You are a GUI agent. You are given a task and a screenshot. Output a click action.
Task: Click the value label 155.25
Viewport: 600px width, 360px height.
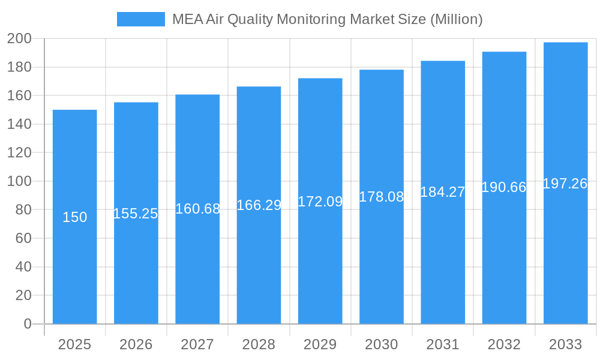pyautogui.click(x=136, y=214)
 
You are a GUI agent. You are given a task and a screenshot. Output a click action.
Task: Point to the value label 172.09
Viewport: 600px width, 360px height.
pyautogui.click(x=320, y=202)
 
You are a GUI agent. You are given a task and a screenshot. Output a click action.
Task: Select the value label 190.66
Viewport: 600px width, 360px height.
pyautogui.click(x=503, y=187)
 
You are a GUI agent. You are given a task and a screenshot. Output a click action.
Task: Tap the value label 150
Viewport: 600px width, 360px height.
pyautogui.click(x=75, y=217)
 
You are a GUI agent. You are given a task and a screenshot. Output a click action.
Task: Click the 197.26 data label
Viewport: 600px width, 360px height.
pyautogui.click(x=565, y=184)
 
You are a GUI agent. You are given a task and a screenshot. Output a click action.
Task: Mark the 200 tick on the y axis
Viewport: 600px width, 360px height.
pyautogui.click(x=19, y=39)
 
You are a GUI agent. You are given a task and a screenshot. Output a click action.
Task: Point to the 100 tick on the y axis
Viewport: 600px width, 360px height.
pyautogui.click(x=19, y=181)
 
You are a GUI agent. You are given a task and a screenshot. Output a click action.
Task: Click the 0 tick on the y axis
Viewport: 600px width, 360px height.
pyautogui.click(x=27, y=324)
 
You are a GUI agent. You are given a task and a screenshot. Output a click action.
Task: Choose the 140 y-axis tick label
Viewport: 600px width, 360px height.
pyautogui.click(x=19, y=124)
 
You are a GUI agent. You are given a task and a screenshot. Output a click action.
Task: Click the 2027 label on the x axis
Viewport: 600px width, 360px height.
pyautogui.click(x=197, y=344)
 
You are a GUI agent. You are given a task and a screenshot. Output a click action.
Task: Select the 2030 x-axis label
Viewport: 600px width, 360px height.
pyautogui.click(x=381, y=344)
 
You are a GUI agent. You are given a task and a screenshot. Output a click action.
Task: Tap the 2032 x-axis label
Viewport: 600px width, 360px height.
pyautogui.click(x=504, y=344)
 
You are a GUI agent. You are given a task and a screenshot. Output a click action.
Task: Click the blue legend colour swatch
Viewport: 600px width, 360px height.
pyautogui.click(x=140, y=19)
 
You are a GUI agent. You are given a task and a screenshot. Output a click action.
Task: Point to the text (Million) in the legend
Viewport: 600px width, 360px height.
pyautogui.click(x=457, y=19)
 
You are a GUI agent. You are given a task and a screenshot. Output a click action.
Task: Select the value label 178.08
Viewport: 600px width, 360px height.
pyautogui.click(x=381, y=197)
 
